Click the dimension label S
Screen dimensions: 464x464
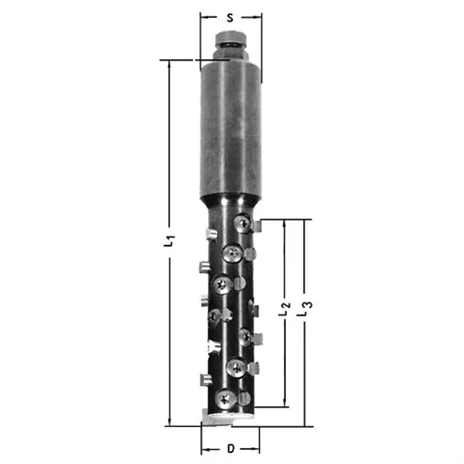click(x=230, y=18)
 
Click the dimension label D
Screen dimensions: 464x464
click(x=231, y=448)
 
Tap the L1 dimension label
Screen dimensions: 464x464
click(x=169, y=241)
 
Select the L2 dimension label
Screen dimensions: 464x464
click(x=285, y=309)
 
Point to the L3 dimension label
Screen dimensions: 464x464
click(x=304, y=309)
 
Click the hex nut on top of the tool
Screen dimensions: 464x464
click(x=230, y=37)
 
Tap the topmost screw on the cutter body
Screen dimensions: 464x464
click(x=243, y=223)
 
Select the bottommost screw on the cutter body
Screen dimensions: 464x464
click(x=226, y=399)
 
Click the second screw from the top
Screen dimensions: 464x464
click(x=232, y=253)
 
